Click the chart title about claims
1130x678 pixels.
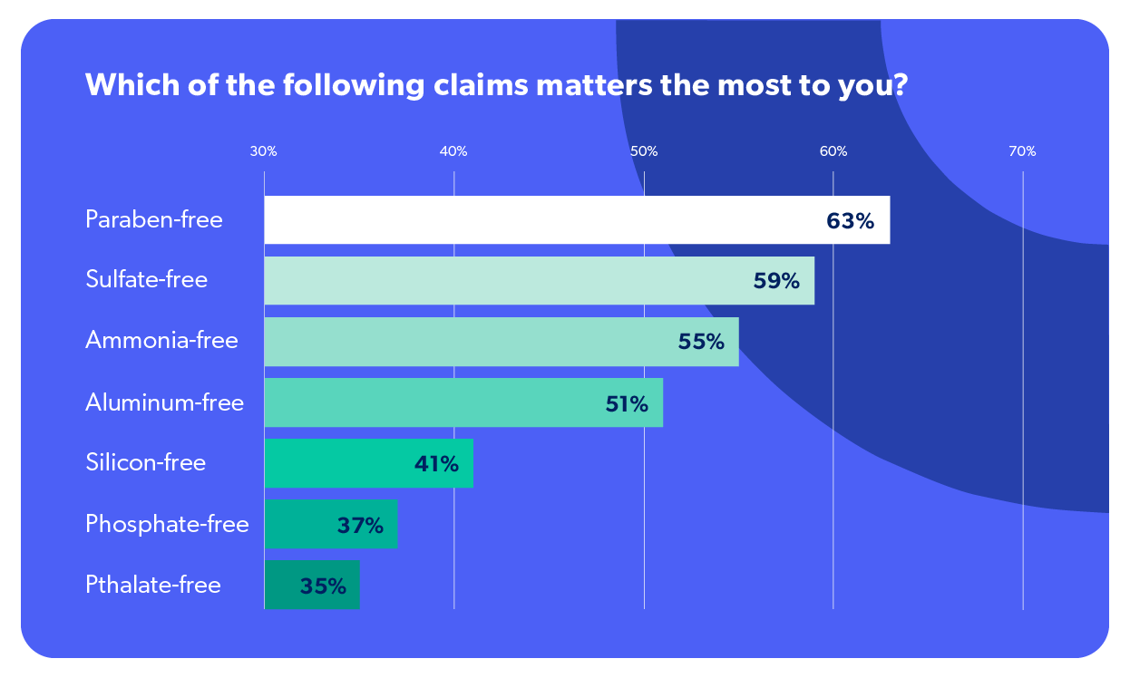tap(496, 85)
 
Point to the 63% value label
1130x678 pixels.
tap(850, 220)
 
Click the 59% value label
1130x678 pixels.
tap(776, 281)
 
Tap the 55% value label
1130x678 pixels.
tap(701, 342)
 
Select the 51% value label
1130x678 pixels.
tap(627, 403)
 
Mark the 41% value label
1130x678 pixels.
tap(436, 464)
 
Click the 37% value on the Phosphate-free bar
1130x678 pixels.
tap(360, 525)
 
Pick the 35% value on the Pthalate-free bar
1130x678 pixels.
tap(323, 586)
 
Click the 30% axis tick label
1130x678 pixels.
tap(263, 151)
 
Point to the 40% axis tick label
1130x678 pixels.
tap(453, 151)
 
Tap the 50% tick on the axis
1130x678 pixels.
tap(644, 151)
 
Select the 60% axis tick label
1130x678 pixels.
tap(833, 151)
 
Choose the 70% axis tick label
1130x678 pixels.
tap(1022, 151)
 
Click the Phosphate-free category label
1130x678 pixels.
tap(167, 524)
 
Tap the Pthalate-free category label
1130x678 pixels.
tap(153, 585)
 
